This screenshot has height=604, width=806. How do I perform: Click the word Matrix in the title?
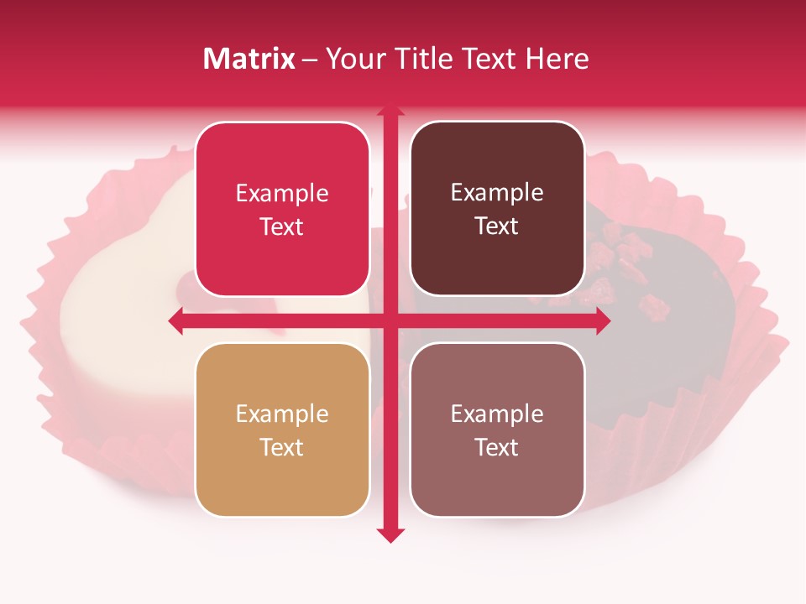[x=249, y=59]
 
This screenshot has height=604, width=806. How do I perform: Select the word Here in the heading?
[x=557, y=59]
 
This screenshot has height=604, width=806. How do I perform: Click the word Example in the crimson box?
[x=282, y=194]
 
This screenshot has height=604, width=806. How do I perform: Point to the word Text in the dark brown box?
[x=497, y=226]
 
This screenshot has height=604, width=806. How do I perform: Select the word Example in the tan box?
[x=282, y=414]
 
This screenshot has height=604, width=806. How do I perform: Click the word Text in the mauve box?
[x=497, y=447]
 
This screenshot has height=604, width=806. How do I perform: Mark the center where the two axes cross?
[x=390, y=320]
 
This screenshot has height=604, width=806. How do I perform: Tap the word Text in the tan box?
[x=282, y=447]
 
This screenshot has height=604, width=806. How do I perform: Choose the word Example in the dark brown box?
[x=497, y=193]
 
